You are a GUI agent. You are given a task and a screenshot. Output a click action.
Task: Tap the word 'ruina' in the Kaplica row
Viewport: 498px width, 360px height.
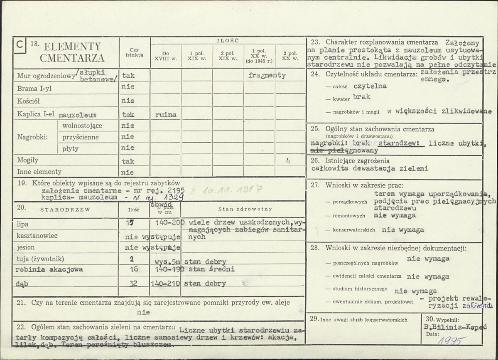pos(166,114)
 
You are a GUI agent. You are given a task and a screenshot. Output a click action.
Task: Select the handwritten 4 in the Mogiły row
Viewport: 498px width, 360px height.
pos(288,160)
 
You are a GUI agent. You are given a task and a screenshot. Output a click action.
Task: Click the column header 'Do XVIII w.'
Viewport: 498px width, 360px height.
pos(166,56)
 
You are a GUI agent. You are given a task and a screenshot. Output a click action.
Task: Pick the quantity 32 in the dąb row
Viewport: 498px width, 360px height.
pos(134,284)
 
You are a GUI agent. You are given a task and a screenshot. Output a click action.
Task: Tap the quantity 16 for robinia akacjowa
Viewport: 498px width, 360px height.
pos(134,269)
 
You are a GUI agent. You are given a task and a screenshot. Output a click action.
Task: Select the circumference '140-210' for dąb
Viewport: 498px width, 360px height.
pos(165,284)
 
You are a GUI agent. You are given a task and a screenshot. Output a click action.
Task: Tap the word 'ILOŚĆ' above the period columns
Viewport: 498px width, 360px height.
pos(228,41)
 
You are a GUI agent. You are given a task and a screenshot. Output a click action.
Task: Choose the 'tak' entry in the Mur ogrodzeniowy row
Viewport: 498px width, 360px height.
pos(128,76)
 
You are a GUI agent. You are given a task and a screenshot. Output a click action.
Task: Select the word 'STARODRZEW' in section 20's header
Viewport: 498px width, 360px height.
pos(65,210)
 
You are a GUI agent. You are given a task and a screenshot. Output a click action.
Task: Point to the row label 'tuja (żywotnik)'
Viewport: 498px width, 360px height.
pos(40,259)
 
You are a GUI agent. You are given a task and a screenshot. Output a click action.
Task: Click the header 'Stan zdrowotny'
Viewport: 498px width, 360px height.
pos(245,209)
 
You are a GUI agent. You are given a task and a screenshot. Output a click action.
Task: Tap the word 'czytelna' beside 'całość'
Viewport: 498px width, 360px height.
pos(370,86)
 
